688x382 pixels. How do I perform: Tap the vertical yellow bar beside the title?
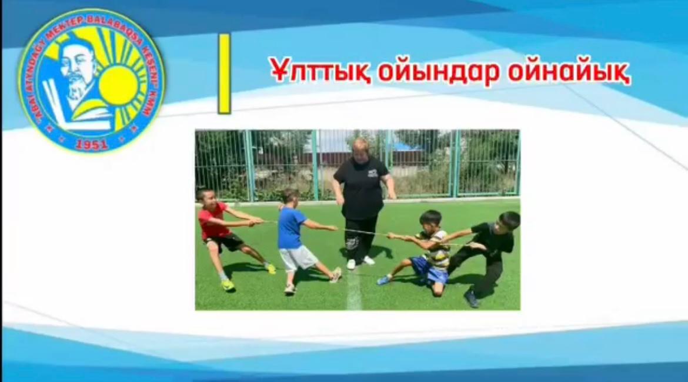tap(224, 74)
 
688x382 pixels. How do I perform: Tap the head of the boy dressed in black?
tap(507, 222)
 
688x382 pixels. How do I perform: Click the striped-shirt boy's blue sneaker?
tap(384, 280)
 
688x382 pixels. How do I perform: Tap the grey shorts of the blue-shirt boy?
tap(298, 257)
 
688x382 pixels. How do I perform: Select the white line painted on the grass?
tap(354, 291)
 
